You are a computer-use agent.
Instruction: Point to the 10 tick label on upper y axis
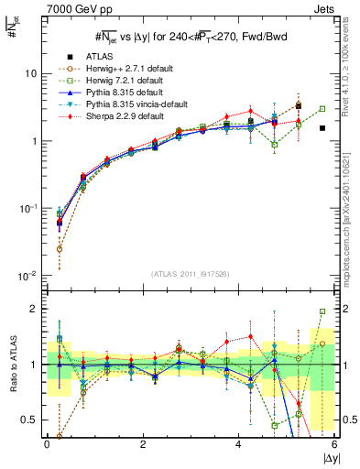click(30, 73)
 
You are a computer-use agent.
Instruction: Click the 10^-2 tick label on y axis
click(28, 276)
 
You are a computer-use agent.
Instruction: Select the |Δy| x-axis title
click(325, 457)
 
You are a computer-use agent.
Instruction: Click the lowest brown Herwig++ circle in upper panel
click(60, 248)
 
